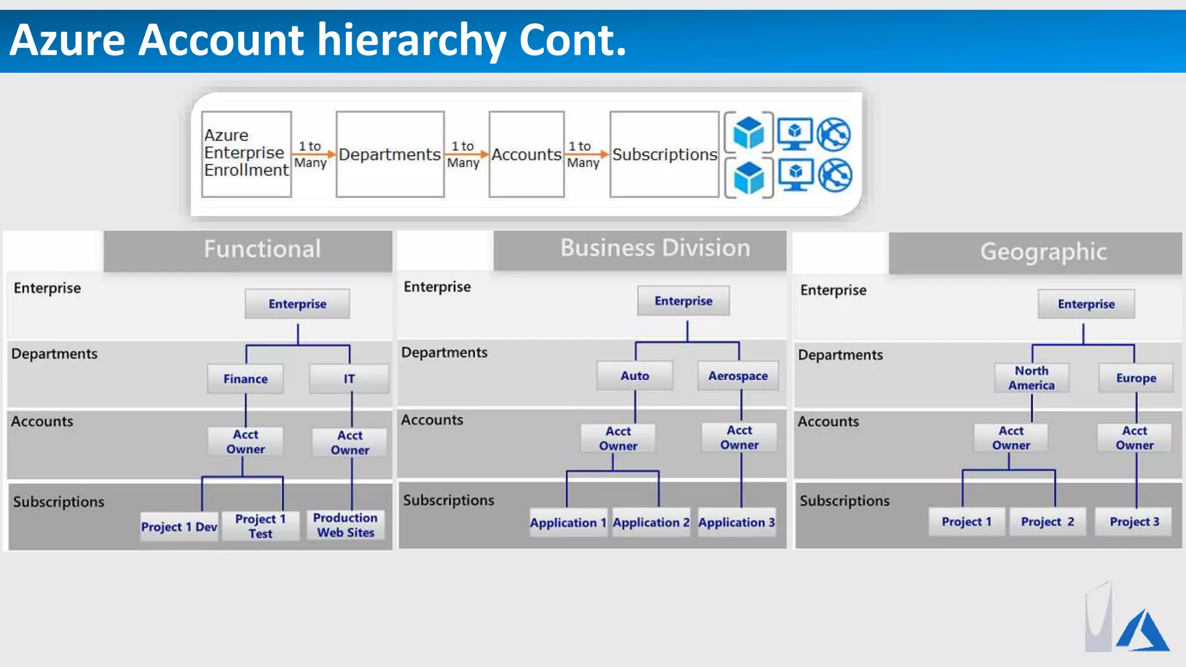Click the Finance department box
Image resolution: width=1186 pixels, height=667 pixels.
(246, 379)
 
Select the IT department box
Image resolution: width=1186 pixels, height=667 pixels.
(349, 379)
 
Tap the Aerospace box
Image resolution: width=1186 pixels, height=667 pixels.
(738, 376)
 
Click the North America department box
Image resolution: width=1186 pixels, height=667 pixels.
(1031, 378)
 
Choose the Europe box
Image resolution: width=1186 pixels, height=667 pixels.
(1136, 378)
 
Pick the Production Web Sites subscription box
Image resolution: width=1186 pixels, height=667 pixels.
(345, 525)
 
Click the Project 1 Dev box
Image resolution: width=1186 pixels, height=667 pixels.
(179, 527)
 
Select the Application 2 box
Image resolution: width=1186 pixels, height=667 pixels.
(651, 522)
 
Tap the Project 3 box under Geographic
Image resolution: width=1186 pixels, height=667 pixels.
(1134, 522)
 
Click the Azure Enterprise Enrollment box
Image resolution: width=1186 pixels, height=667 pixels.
(246, 154)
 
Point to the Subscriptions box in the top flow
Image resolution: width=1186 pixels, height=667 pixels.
(664, 154)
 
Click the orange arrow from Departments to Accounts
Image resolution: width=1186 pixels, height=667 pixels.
(467, 154)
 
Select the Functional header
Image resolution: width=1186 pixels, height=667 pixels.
(262, 250)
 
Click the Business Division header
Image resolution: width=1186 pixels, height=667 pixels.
(654, 248)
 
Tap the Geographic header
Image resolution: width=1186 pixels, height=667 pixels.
(1043, 252)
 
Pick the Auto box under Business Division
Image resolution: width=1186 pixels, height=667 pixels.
(635, 376)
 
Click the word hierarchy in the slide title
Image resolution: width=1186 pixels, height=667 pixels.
(411, 41)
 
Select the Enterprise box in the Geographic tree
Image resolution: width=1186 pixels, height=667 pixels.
(1086, 304)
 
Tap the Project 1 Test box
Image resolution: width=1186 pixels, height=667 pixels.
(260, 526)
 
